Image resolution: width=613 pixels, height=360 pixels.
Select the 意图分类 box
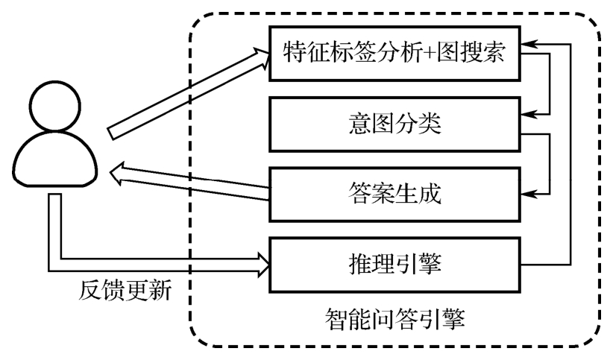point(395,123)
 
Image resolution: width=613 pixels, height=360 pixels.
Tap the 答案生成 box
point(395,195)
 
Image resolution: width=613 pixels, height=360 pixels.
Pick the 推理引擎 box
point(395,265)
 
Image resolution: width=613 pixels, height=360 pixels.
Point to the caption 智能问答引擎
point(396,320)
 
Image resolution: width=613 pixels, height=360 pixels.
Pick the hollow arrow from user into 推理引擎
point(149,262)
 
